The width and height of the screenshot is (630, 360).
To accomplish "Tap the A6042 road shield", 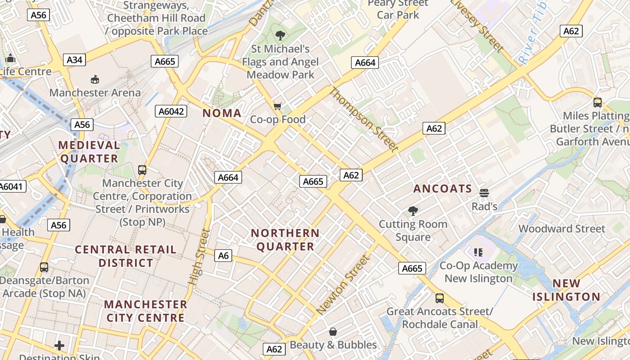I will coord(171,111).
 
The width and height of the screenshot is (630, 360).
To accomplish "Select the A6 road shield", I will coord(224,256).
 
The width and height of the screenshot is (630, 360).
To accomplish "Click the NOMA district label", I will coord(222,113).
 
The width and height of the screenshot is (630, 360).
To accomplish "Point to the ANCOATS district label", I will coord(442,189).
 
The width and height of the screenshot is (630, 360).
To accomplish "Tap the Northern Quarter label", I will coord(285,240).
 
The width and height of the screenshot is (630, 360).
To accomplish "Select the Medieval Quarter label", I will coord(89,152).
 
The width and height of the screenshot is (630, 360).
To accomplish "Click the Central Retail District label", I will coord(126,256).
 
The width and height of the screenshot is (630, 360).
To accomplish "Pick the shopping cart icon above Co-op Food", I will coord(278,106).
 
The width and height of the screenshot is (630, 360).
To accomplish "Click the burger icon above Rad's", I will coord(484,193).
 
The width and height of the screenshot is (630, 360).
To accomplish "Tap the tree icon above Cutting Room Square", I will coord(413,211).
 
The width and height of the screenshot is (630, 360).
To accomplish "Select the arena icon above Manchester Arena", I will coord(95,80).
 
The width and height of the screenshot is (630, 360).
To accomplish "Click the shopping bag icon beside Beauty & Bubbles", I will coord(333,332).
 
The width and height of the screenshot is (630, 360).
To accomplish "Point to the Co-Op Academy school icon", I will coord(478,252).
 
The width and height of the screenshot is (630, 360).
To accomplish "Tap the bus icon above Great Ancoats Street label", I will coord(440,298).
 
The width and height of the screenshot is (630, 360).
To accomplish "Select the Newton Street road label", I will coord(343,284).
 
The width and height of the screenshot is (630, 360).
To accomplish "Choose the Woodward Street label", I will coord(562,229).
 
